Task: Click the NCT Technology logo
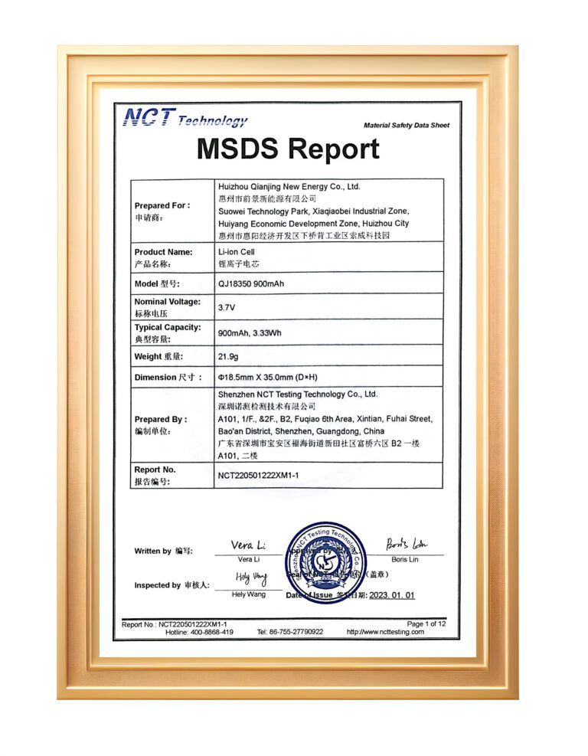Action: [185, 119]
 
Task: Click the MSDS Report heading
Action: [287, 149]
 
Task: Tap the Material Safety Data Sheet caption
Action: [407, 125]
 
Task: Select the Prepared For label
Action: [162, 205]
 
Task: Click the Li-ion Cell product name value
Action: [236, 251]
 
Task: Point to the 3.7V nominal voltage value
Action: [226, 306]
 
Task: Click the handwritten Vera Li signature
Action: [248, 545]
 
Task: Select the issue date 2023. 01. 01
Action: [391, 595]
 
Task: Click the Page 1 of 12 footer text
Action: [426, 624]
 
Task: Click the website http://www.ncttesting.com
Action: [385, 632]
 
